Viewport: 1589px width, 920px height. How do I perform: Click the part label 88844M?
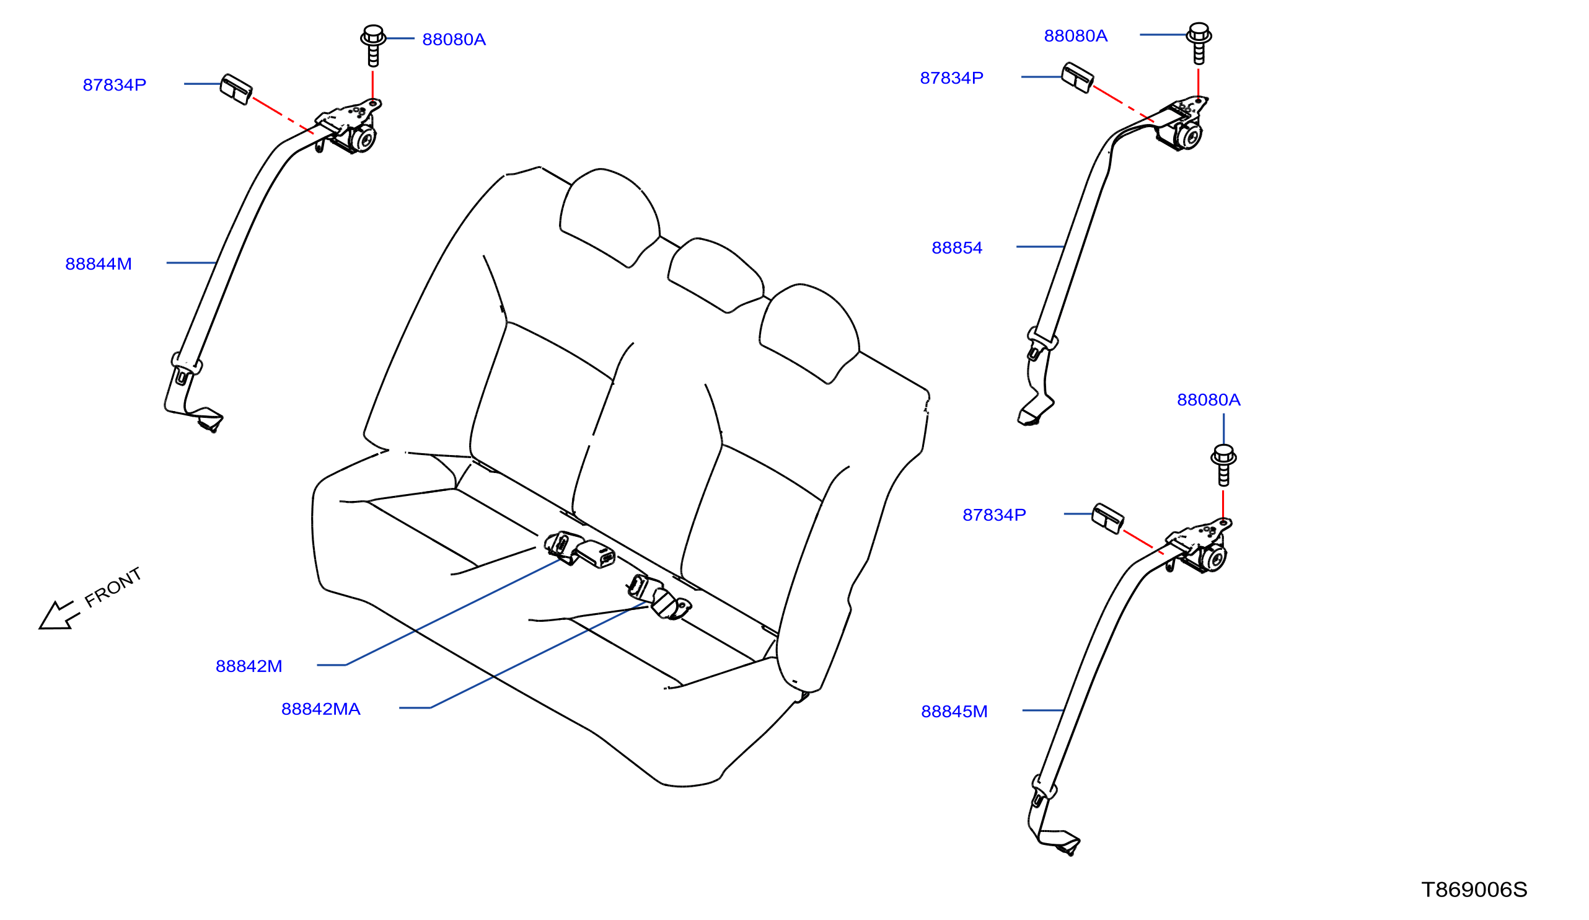pyautogui.click(x=99, y=264)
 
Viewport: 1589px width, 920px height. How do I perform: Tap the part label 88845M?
pyautogui.click(x=954, y=711)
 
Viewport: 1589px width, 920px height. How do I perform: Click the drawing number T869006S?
pyautogui.click(x=1474, y=890)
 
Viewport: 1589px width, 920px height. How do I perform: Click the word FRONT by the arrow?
pyautogui.click(x=113, y=587)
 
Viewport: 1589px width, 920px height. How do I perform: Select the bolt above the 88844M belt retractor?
pyautogui.click(x=373, y=45)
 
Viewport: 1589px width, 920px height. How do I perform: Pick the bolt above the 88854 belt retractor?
pyautogui.click(x=1199, y=43)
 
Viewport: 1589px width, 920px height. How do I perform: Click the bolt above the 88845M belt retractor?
pyautogui.click(x=1223, y=466)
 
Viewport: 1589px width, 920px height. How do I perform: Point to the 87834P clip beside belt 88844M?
pyautogui.click(x=236, y=89)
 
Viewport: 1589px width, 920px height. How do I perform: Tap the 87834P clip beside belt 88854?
pyautogui.click(x=1078, y=77)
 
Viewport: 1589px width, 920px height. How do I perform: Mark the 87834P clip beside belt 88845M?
pyautogui.click(x=1108, y=519)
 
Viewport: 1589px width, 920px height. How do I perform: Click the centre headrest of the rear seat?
pyautogui.click(x=716, y=275)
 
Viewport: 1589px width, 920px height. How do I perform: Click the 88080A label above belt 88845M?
pyautogui.click(x=1208, y=400)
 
